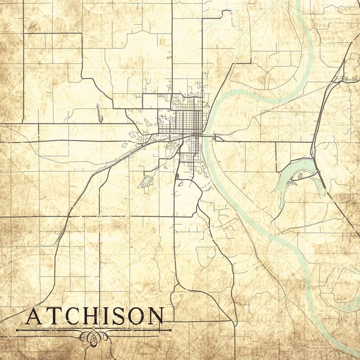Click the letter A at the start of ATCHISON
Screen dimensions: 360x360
(34, 316)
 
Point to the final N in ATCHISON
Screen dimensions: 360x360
(156, 316)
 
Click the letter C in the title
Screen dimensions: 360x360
(71, 316)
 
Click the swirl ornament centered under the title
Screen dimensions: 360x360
(94, 336)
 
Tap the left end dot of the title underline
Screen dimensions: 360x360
(18, 330)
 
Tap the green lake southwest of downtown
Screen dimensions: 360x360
(146, 182)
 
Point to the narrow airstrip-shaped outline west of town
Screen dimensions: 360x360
(99, 113)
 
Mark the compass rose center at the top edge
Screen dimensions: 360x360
(275, 2)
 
